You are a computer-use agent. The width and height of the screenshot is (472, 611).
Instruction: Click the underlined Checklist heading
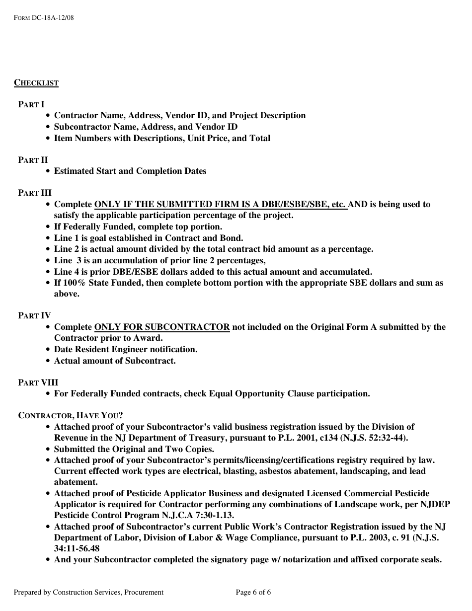point(36,83)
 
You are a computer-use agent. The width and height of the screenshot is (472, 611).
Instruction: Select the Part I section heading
point(31,104)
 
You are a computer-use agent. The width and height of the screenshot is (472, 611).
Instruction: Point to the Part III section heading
point(35,193)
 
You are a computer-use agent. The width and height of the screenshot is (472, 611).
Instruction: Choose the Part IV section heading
point(34,315)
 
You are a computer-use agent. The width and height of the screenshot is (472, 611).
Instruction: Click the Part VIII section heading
point(38,382)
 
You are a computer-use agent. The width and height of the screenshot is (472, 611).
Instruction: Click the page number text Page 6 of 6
point(253,592)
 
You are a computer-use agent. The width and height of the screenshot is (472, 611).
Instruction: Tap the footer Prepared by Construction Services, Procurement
point(88,592)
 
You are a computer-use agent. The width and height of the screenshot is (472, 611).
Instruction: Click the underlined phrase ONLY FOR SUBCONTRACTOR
point(162,327)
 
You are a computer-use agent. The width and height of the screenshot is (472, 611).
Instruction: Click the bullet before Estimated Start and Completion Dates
point(47,171)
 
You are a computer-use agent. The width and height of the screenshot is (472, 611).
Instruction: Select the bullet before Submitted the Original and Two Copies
point(47,449)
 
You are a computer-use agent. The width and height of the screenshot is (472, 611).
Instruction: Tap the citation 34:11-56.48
point(77,548)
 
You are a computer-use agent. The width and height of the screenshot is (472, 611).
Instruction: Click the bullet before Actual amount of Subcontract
point(47,361)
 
